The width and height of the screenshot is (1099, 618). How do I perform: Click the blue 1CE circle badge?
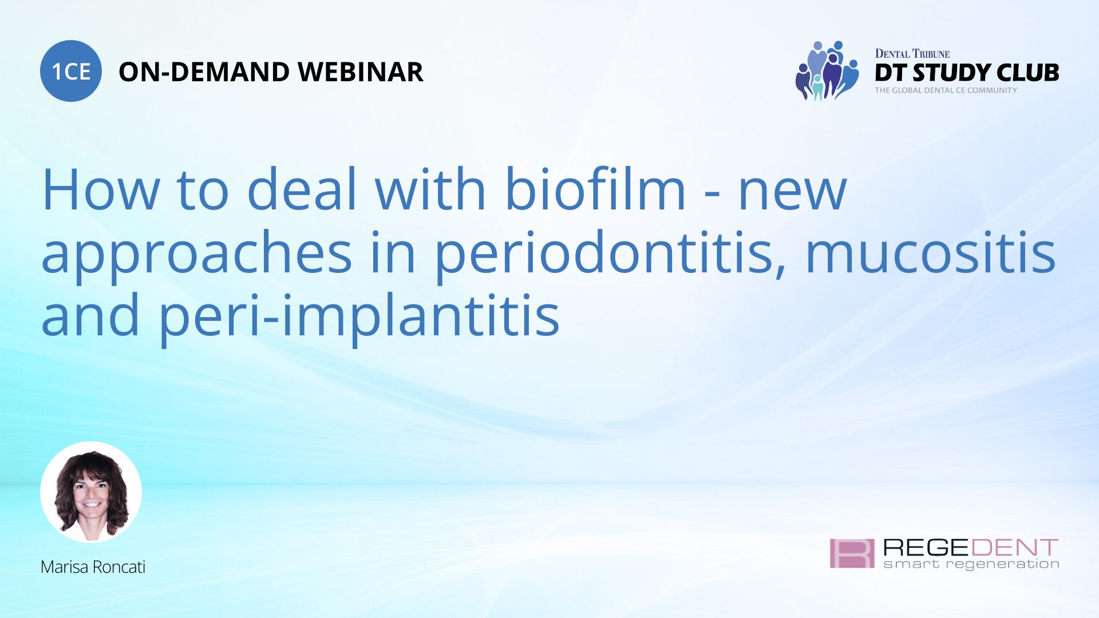(x=71, y=71)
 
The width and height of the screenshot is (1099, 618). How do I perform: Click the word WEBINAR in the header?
(x=360, y=72)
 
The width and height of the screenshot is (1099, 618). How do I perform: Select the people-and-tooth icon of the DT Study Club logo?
(x=827, y=71)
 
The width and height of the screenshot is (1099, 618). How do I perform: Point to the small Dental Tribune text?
(x=912, y=54)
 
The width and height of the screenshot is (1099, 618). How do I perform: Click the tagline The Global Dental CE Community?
(x=946, y=90)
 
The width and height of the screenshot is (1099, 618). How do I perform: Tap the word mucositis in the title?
(x=930, y=253)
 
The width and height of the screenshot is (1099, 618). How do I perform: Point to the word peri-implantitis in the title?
(x=358, y=316)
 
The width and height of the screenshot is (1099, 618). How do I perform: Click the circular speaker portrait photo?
(x=91, y=492)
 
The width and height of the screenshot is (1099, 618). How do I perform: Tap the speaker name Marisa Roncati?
(x=93, y=567)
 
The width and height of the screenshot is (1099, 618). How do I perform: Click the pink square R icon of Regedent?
(x=852, y=553)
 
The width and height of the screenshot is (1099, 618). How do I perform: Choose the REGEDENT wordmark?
(x=971, y=548)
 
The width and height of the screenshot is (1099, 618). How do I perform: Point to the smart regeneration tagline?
(x=971, y=565)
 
